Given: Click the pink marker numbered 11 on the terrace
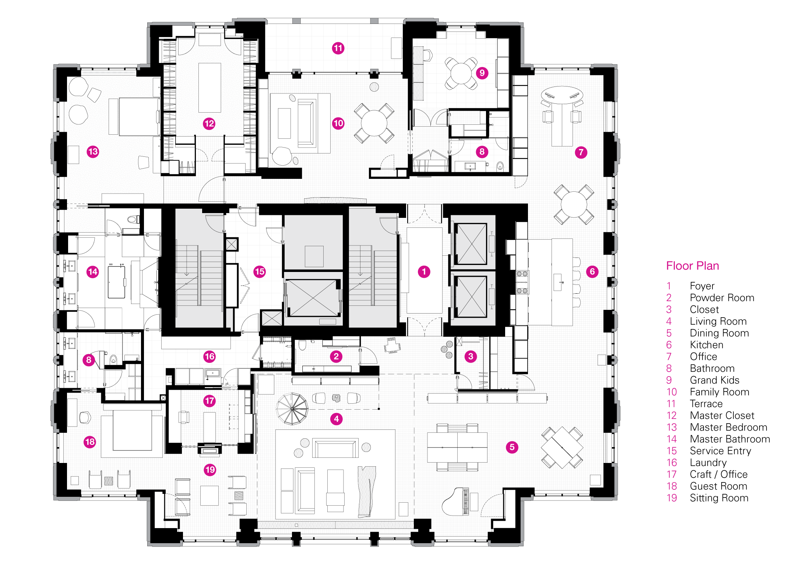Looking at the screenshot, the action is [338, 48].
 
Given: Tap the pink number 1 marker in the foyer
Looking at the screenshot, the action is [424, 272].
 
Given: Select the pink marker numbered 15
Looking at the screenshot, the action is [260, 272].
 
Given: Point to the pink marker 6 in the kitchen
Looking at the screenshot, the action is [592, 272].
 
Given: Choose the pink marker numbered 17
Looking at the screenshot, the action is [209, 401].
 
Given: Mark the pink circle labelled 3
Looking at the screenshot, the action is [471, 356].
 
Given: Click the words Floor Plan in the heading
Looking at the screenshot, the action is [693, 266].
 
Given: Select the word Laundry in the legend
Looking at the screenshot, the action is [708, 463].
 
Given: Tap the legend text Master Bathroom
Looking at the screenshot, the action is [730, 439].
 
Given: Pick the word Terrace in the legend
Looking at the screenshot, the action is [706, 404].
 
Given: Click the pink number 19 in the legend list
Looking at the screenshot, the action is [672, 498].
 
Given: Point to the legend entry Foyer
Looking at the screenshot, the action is [702, 286].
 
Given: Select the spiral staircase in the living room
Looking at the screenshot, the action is [292, 408].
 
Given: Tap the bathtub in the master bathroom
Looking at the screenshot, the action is [116, 282].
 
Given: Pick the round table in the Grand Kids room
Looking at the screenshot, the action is [461, 73].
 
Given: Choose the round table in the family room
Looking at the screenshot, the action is [374, 123].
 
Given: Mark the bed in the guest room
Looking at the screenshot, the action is [132, 431].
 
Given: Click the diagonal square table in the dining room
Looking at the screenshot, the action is [562, 447].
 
